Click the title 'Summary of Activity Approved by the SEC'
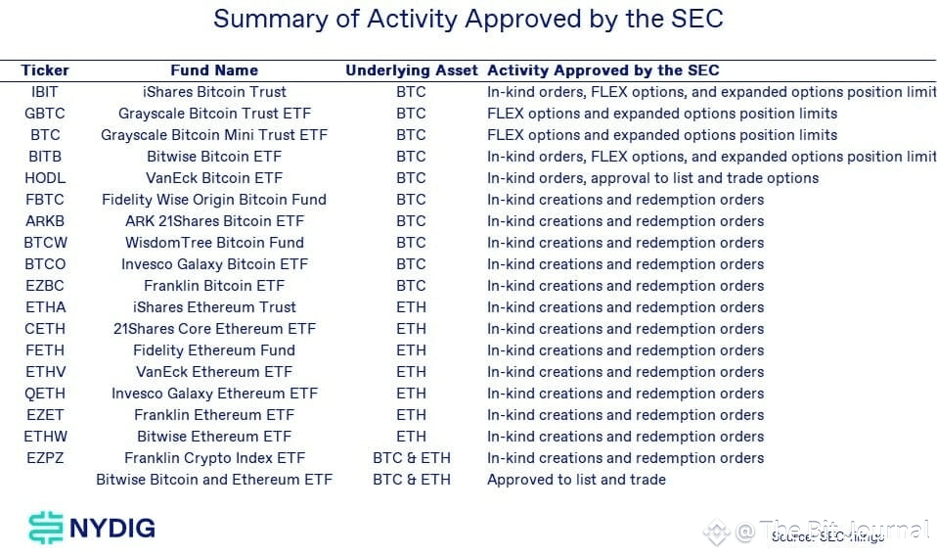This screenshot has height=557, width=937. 468,19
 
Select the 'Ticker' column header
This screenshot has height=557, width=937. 45,70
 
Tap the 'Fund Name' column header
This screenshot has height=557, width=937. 214,70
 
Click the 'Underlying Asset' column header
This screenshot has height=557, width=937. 411,70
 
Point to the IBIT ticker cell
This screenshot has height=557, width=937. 45,92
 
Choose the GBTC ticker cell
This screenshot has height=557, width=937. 45,114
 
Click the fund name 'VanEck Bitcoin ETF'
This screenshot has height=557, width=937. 214,178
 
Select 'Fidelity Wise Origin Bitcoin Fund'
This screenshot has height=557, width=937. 214,200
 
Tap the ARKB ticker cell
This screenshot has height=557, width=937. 45,221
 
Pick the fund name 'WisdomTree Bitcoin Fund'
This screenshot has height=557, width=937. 214,243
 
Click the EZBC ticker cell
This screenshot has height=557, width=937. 45,286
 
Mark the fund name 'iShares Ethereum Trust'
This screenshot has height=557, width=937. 214,307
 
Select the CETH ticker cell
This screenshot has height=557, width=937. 45,329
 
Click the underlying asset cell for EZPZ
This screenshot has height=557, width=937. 411,458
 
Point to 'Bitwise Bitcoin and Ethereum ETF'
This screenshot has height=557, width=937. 214,480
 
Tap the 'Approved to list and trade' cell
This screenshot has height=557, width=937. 576,480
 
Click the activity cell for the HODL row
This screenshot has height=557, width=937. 652,178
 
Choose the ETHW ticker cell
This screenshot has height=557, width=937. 45,437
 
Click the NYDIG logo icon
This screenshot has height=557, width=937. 45,529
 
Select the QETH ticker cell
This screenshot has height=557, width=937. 45,394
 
